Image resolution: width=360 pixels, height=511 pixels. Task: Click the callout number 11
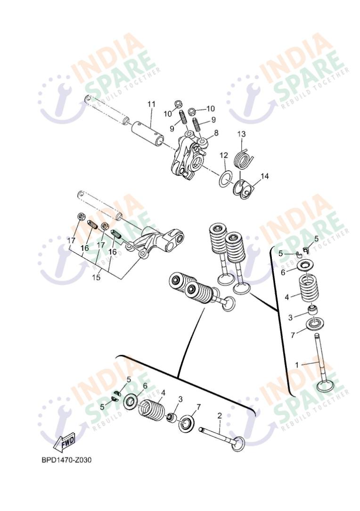tap(151, 104)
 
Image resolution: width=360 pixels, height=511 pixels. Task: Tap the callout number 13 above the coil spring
tap(241, 134)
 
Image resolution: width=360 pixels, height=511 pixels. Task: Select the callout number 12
tap(223, 155)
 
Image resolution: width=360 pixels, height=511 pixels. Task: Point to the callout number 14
tap(264, 176)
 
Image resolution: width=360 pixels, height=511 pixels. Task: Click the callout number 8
tap(216, 133)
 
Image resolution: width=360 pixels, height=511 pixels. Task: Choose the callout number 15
tap(96, 277)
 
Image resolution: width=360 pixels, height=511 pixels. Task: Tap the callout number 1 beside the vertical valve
tap(296, 364)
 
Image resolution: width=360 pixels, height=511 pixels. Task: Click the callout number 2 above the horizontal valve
tap(220, 415)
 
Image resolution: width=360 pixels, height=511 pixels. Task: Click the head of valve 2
tap(239, 444)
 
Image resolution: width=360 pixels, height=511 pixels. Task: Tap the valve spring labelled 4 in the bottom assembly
tap(152, 409)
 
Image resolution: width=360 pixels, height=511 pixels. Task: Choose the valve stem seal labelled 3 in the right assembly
tap(312, 310)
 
